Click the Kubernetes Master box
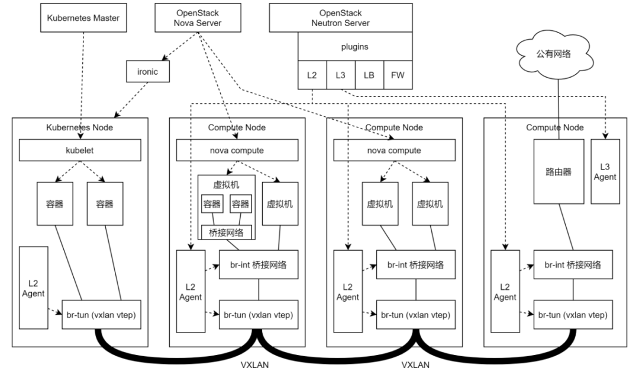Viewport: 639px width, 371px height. [83, 18]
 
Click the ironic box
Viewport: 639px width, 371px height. [147, 72]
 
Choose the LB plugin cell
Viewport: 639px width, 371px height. [369, 76]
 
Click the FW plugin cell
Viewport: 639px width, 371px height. [398, 76]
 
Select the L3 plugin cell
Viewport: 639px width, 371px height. [340, 76]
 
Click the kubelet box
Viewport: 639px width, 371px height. [79, 151]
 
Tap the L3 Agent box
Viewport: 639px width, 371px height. [604, 172]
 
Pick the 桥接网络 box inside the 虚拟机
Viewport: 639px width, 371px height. [226, 232]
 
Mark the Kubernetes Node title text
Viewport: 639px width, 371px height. [79, 127]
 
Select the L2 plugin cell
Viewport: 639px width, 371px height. [311, 76]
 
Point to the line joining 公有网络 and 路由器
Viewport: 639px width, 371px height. [559, 107]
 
